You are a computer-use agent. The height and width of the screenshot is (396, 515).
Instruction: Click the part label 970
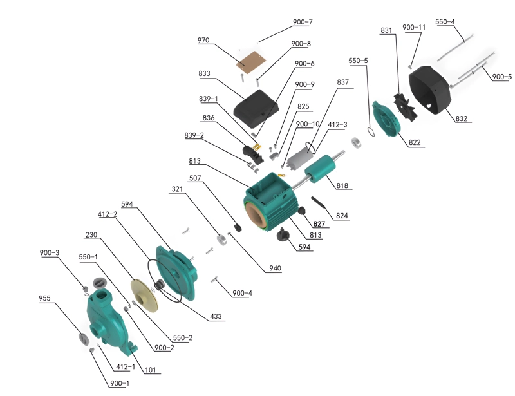coord(203,40)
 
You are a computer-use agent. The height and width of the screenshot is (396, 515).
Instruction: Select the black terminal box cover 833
coord(256,108)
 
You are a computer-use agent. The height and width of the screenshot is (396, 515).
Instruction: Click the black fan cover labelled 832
coord(430,90)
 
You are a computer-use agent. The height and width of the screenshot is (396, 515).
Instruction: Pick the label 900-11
coord(414,27)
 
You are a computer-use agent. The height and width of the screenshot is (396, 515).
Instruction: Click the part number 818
coord(342,185)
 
